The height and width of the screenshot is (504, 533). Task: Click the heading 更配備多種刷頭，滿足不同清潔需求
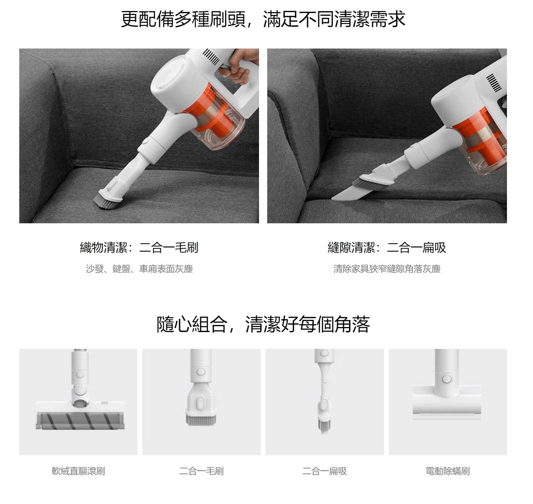point(263,19)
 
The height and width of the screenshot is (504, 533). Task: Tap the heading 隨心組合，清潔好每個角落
point(263,324)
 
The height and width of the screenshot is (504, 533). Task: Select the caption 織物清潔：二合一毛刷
point(139,247)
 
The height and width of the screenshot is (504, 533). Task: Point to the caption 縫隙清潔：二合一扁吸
point(387,247)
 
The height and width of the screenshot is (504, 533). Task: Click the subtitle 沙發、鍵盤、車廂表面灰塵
point(139,269)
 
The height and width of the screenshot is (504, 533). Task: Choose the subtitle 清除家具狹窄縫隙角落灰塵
point(387,269)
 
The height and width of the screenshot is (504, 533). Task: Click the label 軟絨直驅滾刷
point(78,471)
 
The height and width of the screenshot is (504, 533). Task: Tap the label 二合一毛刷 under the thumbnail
point(201,471)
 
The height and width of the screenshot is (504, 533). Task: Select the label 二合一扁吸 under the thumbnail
point(324,471)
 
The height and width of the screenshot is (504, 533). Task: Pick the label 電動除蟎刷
point(447,471)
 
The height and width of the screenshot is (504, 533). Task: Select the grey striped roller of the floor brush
point(80,420)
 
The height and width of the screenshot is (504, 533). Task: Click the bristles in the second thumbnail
point(201,419)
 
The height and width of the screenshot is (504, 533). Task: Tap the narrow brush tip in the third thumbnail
point(324,426)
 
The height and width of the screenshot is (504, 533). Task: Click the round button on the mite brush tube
point(447,379)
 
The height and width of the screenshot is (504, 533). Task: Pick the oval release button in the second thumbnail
point(200,403)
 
